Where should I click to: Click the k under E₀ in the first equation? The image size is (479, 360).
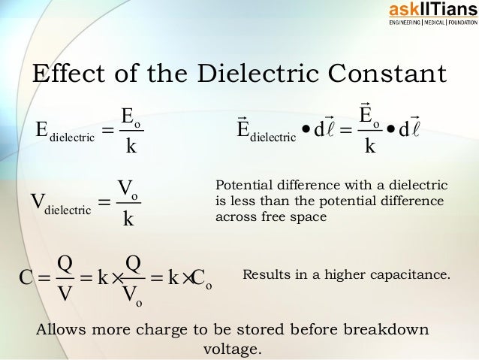point(131,145)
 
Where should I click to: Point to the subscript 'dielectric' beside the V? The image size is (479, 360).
point(68,210)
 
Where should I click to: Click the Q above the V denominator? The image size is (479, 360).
point(65,264)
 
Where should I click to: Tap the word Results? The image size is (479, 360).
point(264,275)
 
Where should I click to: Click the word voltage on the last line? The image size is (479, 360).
point(233,349)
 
